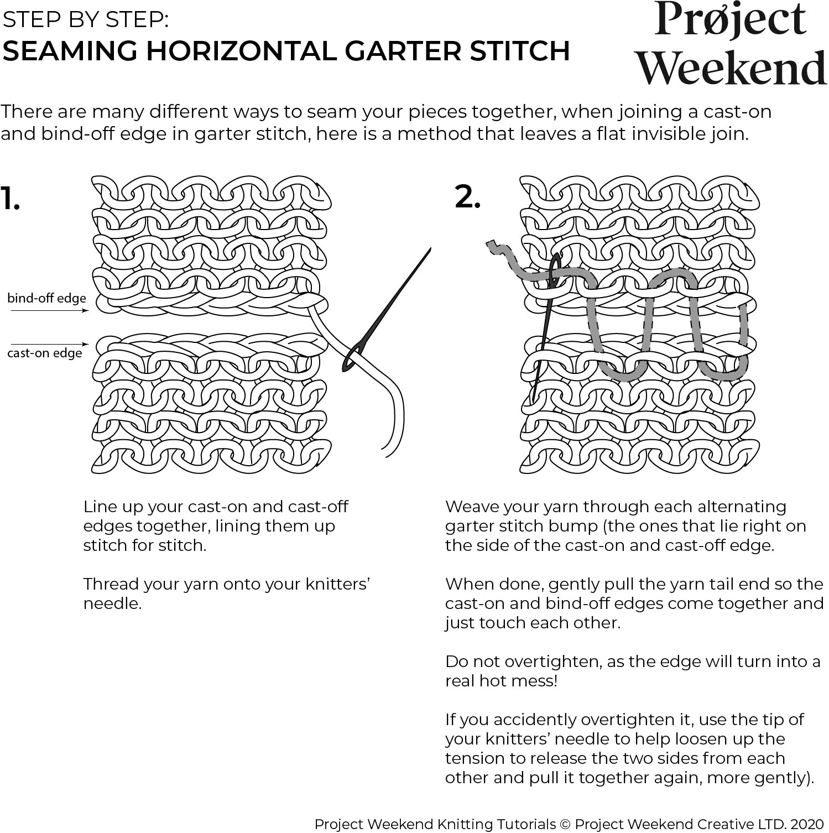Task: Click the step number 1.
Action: tap(10, 199)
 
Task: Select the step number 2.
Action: tap(467, 196)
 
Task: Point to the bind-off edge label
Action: tap(46, 298)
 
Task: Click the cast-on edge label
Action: tap(44, 353)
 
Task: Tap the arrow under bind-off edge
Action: tap(49, 311)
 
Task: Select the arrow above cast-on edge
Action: tap(49, 345)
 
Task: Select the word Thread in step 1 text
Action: tap(111, 584)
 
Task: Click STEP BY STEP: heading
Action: tap(86, 20)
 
